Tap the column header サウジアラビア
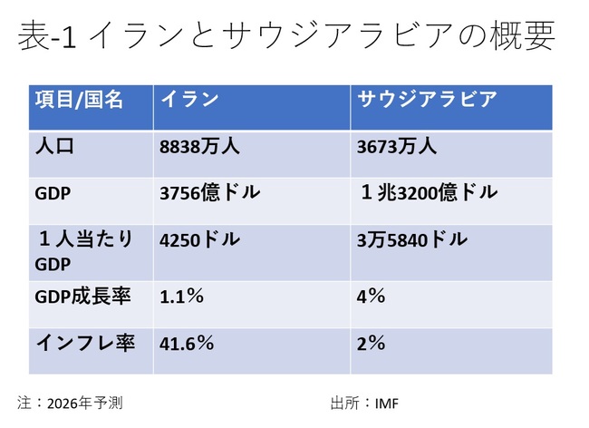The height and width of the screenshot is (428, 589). (x=420, y=100)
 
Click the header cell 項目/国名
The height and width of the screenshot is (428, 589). (x=78, y=100)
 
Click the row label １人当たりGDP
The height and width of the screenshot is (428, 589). (x=82, y=251)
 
